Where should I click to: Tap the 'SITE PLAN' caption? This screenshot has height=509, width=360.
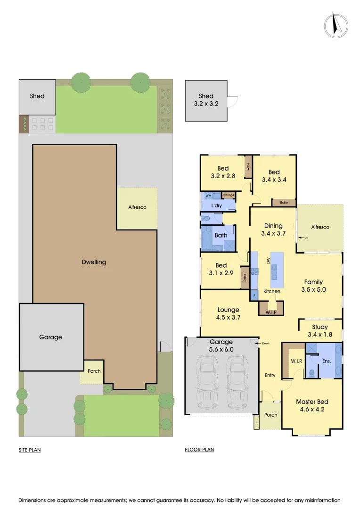coord(30,450)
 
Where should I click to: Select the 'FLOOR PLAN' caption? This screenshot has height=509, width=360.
coord(199,450)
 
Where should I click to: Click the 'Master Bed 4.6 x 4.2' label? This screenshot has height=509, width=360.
coord(312,405)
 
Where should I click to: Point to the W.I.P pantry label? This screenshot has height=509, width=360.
coord(270,312)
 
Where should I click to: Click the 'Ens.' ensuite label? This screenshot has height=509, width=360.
coord(327,361)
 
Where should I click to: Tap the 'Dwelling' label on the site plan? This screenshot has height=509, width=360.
coord(94,262)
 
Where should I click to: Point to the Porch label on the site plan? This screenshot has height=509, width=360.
coord(94,371)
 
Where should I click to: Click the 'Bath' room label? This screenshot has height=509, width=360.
coord(221,235)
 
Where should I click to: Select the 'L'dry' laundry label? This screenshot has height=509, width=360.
coord(216,206)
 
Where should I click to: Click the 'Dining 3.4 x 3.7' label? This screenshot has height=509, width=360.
coord(273,229)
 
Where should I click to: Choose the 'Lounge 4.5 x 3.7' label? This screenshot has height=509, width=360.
coord(229,313)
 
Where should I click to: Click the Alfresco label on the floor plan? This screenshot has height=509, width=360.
coord(320,227)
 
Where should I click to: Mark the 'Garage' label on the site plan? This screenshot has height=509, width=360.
coord(50,337)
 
